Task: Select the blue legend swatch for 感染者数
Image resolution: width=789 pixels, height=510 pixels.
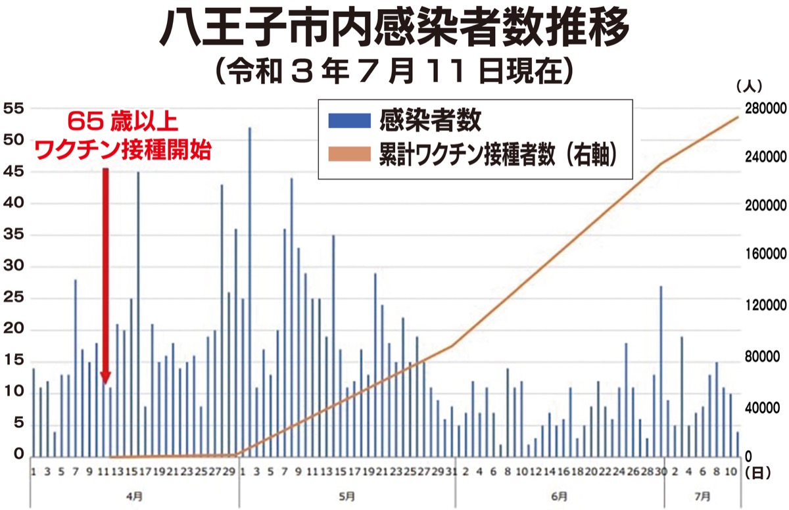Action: (x=350, y=121)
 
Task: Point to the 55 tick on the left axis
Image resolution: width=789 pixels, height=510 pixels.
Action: (x=14, y=108)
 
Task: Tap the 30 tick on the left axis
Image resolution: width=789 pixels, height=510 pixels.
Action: (x=14, y=267)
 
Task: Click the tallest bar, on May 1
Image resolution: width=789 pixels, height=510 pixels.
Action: (x=249, y=289)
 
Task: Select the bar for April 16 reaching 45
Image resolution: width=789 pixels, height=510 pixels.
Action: (x=138, y=312)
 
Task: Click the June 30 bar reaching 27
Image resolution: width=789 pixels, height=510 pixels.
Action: (x=661, y=368)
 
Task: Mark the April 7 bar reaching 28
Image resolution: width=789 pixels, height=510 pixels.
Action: (x=76, y=365)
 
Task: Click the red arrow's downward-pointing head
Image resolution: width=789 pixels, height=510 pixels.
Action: (x=105, y=377)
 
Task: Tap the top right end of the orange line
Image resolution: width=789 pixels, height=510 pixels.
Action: (x=738, y=117)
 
